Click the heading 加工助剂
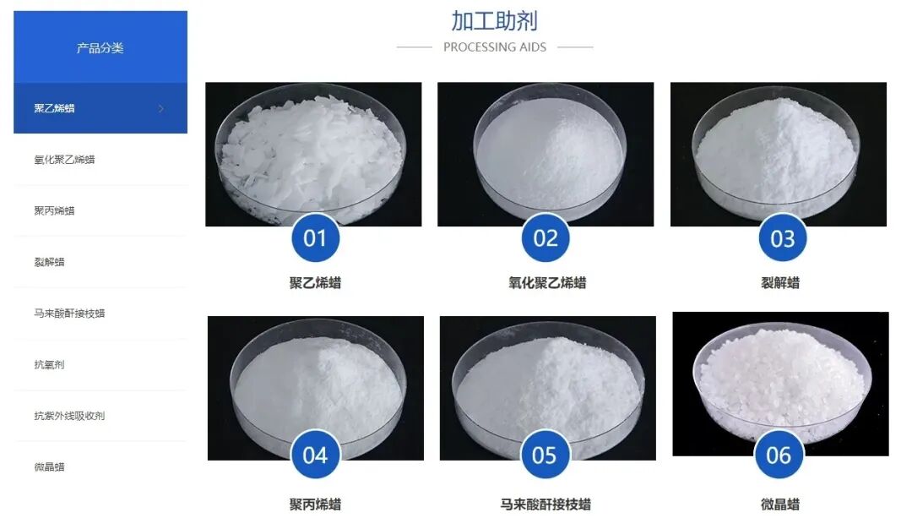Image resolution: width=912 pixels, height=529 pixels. click(x=494, y=21)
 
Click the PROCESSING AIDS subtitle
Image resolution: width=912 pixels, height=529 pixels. click(x=494, y=47)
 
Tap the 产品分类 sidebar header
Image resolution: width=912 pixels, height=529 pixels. click(x=100, y=48)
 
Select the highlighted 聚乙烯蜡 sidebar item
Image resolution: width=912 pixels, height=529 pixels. click(x=55, y=108)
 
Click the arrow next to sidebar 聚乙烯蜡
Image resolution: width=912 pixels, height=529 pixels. click(x=161, y=108)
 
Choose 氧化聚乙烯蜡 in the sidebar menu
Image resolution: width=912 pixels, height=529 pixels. click(x=64, y=159)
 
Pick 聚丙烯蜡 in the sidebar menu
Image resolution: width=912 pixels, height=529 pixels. click(x=55, y=210)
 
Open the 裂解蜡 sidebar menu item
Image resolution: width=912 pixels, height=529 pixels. click(x=49, y=262)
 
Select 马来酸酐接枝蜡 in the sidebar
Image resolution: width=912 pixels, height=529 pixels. click(x=69, y=314)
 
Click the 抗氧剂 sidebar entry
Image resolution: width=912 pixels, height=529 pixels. click(x=49, y=365)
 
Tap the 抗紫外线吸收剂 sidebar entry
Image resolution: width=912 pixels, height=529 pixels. click(x=69, y=416)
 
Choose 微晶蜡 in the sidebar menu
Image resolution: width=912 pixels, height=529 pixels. click(x=49, y=467)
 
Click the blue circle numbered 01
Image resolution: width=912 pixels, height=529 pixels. click(x=315, y=238)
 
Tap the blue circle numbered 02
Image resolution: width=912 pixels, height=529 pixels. click(x=546, y=238)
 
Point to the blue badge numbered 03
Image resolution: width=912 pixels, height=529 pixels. click(x=782, y=238)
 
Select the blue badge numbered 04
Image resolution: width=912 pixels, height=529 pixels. click(x=315, y=455)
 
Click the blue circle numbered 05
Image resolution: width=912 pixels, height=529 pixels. click(x=545, y=455)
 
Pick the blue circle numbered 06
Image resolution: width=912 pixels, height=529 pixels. click(x=779, y=455)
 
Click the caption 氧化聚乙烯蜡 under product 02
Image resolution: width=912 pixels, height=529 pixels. click(x=546, y=283)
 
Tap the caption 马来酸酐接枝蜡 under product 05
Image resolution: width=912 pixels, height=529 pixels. click(x=546, y=504)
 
